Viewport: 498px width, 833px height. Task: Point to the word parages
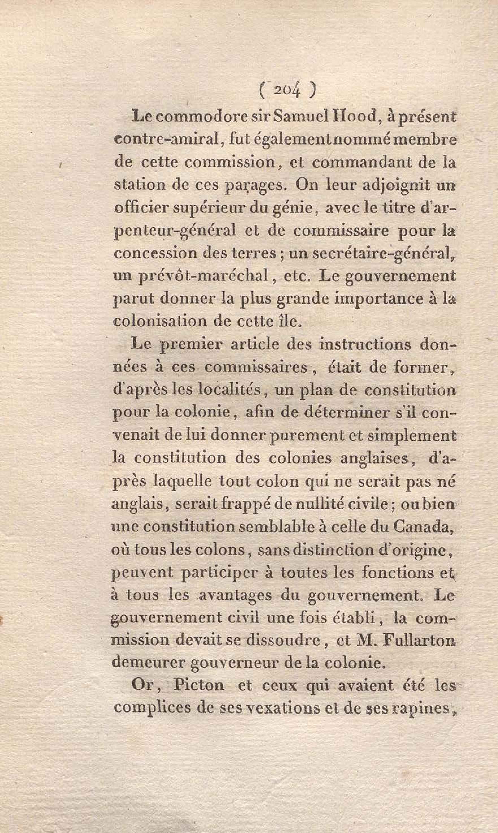(250, 186)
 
